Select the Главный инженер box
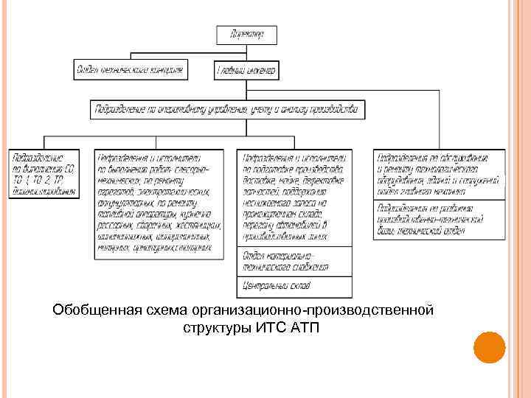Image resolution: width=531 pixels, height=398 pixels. (x=246, y=70)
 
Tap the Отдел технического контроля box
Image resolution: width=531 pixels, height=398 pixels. (x=129, y=70)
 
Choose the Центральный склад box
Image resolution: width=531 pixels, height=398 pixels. (x=294, y=284)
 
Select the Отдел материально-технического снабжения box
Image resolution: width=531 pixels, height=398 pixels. (x=294, y=261)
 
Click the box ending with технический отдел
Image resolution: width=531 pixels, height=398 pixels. (x=440, y=219)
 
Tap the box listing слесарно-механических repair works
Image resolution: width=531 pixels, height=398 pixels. (x=159, y=203)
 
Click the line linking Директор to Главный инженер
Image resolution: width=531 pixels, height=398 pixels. (x=246, y=52)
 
